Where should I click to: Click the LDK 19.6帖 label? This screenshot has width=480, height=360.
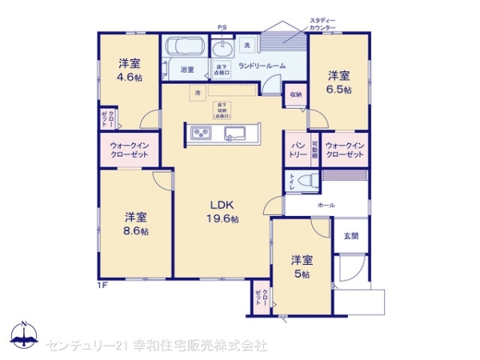[221, 210]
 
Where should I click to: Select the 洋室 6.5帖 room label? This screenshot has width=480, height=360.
[338, 82]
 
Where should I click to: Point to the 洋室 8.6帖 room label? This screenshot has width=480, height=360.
[136, 223]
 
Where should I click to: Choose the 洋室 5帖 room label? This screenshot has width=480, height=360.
[301, 266]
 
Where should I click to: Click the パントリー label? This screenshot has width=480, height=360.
[298, 148]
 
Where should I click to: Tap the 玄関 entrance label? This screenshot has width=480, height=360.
[351, 236]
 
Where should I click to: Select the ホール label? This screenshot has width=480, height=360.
[326, 206]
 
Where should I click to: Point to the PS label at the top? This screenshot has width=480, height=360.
[222, 28]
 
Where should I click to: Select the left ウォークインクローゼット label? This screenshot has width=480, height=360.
[128, 149]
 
